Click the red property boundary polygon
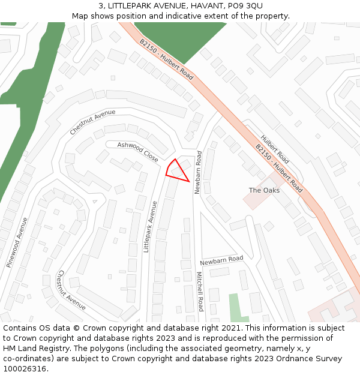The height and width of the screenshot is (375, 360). click(x=176, y=170)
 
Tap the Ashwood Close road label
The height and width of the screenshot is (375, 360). click(x=138, y=152)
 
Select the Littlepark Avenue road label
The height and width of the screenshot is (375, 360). click(x=149, y=226)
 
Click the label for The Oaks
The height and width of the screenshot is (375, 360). click(x=264, y=190)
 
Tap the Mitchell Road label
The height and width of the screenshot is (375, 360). click(x=201, y=292)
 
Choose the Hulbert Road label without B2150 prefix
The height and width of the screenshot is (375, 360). click(x=275, y=149)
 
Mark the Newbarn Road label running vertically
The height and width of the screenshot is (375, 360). click(x=198, y=172)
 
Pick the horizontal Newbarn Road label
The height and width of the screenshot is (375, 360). click(x=221, y=260)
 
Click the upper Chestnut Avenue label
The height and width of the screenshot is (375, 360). click(x=92, y=122)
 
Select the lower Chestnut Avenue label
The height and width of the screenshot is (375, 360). click(x=71, y=290)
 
